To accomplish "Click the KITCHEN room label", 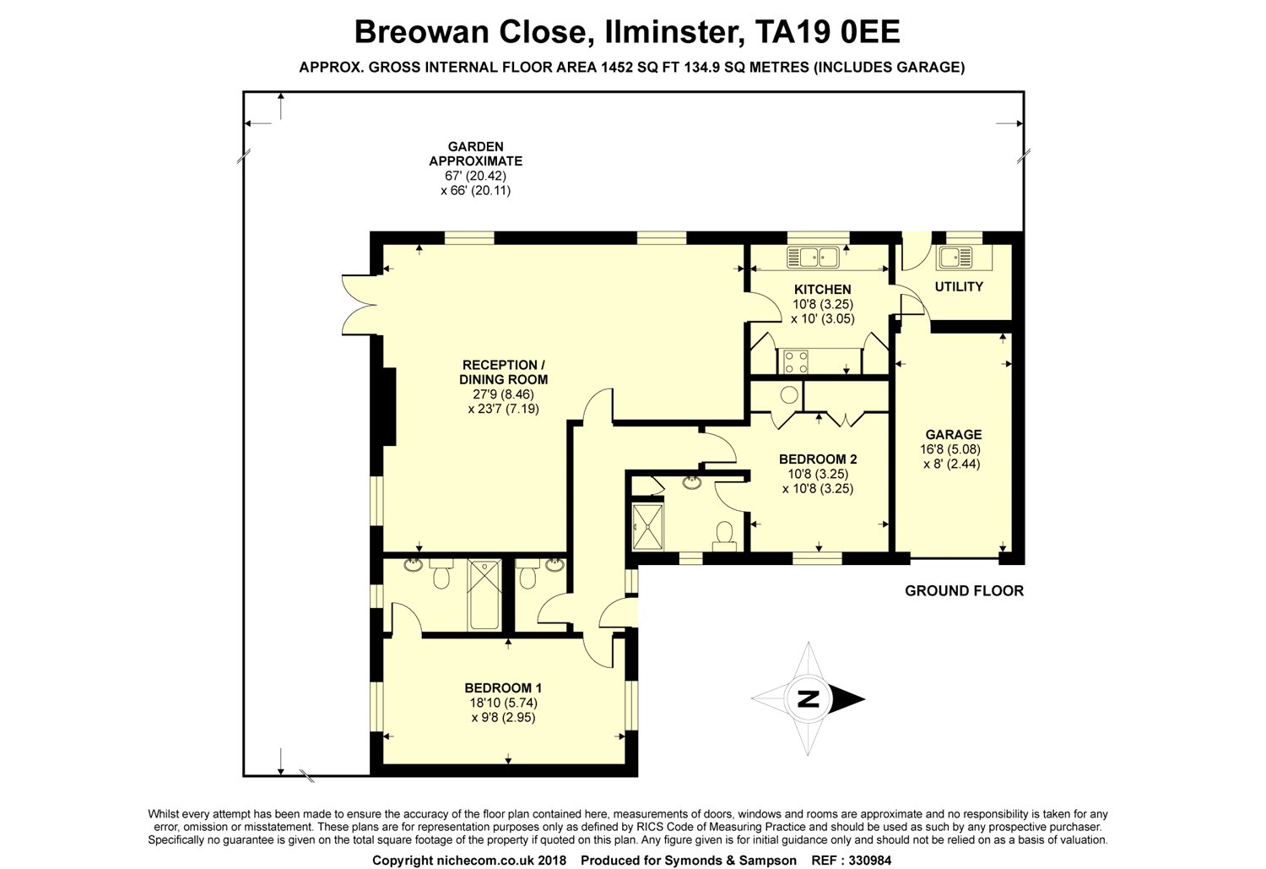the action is click(822, 290).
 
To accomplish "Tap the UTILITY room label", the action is click(959, 286).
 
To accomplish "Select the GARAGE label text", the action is click(954, 435).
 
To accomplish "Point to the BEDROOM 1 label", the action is click(503, 688).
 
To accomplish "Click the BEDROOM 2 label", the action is click(818, 459).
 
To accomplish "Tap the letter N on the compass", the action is click(809, 698).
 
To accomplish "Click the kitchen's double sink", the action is click(814, 258).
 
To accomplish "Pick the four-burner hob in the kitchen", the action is click(794, 361).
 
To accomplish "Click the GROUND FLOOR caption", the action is click(964, 591).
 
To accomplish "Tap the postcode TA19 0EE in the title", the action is click(827, 31).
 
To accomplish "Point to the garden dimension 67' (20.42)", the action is click(475, 176).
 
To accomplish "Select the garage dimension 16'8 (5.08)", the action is click(950, 449).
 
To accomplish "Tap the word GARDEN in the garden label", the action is click(475, 146).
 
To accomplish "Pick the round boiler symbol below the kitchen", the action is click(789, 394).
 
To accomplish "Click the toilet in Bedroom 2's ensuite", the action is click(724, 536).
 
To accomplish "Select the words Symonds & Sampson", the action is click(730, 861).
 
